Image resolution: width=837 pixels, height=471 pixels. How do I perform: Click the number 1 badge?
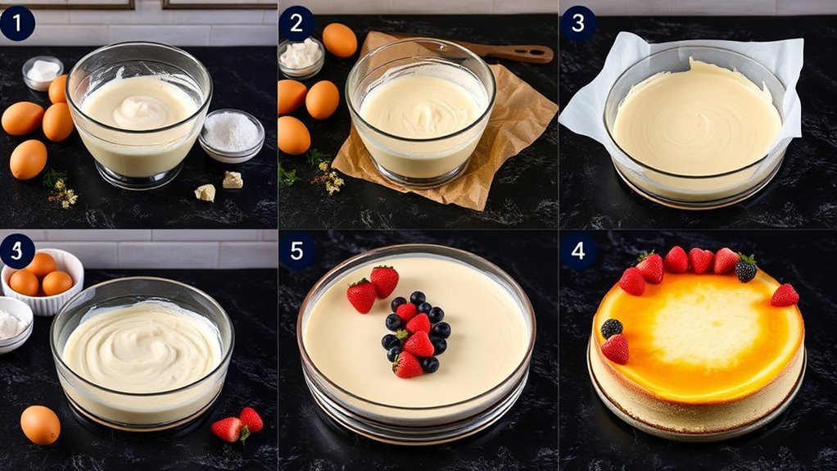coord(17,23)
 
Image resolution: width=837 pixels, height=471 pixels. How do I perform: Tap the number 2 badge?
coord(296,23)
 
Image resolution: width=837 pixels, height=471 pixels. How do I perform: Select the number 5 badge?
coord(296,251)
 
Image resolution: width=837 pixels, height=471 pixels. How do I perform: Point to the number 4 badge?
coord(578,251)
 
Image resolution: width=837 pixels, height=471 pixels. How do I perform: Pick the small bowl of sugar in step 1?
coord(231,134)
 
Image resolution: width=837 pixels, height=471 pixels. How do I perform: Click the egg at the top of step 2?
coord(339,39)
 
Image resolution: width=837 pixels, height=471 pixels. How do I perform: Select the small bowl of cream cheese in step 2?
coord(301,56)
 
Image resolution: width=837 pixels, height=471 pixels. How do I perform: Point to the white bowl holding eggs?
coord(43,280)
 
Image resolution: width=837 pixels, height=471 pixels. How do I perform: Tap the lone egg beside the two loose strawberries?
coord(39,424)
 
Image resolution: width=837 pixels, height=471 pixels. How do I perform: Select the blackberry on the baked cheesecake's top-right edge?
coord(745,269)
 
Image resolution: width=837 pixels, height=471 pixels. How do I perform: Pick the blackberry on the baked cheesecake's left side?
coord(612,328)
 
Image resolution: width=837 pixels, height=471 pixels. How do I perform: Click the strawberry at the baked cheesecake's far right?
coord(784,295)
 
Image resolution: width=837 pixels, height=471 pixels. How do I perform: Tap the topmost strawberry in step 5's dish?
coord(384,281)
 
